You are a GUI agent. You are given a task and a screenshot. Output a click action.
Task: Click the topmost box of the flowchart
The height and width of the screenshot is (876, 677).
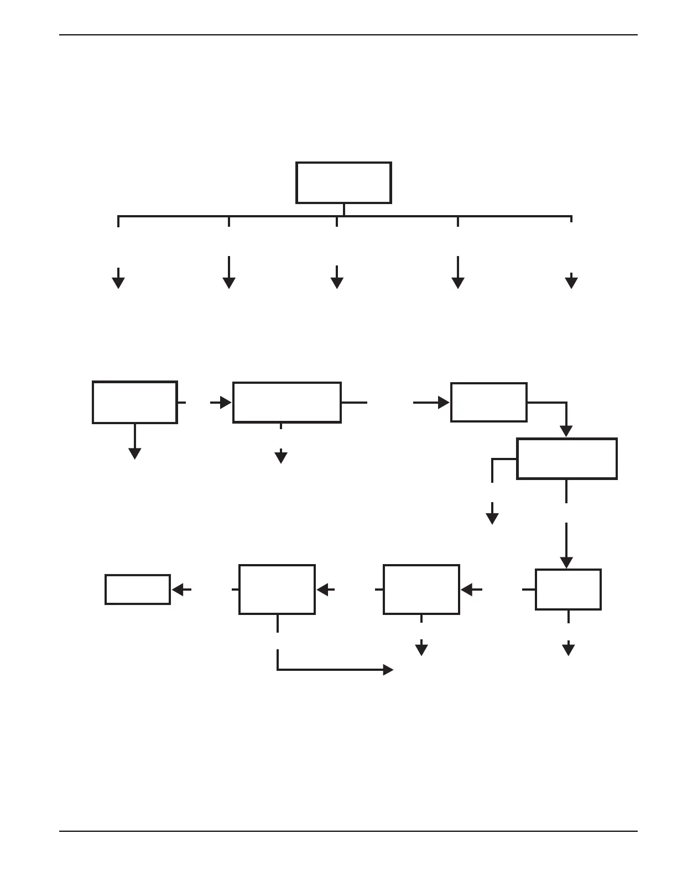pyautogui.click(x=343, y=182)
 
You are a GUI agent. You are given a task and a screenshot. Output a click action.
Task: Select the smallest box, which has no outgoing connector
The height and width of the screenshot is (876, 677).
pyautogui.click(x=138, y=590)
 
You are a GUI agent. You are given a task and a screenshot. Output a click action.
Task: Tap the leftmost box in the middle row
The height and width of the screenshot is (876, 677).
pyautogui.click(x=135, y=402)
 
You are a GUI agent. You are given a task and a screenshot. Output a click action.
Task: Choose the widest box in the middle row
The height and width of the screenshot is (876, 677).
pyautogui.click(x=287, y=402)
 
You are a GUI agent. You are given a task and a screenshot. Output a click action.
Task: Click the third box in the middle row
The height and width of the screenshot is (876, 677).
pyautogui.click(x=489, y=402)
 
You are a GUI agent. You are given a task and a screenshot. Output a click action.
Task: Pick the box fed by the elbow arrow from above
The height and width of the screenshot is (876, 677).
pyautogui.click(x=567, y=458)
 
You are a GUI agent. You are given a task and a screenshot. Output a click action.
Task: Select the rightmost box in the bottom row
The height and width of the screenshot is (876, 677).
pyautogui.click(x=568, y=590)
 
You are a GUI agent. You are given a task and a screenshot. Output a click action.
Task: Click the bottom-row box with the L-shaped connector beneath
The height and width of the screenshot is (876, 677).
pyautogui.click(x=277, y=590)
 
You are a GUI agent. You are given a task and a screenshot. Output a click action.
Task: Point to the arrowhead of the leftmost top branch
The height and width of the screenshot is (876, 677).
pyautogui.click(x=118, y=283)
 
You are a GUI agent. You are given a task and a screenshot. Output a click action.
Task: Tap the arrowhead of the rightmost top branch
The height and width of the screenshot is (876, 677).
pyautogui.click(x=571, y=283)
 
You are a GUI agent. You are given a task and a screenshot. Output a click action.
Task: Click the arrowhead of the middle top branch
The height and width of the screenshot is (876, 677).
pyautogui.click(x=337, y=283)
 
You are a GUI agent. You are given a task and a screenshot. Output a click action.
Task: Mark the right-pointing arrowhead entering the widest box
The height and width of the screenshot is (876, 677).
pyautogui.click(x=226, y=403)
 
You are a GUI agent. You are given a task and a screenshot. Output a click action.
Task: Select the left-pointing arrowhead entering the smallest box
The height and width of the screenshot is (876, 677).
pyautogui.click(x=178, y=590)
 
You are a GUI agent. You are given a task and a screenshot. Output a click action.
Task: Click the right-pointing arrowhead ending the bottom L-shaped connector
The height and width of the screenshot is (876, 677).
pyautogui.click(x=388, y=670)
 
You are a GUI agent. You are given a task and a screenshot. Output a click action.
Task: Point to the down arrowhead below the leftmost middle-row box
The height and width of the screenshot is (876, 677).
pyautogui.click(x=134, y=453)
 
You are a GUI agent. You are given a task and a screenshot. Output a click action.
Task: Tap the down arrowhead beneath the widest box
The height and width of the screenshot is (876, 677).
pyautogui.click(x=281, y=457)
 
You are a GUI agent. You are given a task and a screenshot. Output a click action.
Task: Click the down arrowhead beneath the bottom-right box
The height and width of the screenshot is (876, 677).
pyautogui.click(x=569, y=650)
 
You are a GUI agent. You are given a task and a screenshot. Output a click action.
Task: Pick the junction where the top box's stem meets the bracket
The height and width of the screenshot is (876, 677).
pyautogui.click(x=344, y=216)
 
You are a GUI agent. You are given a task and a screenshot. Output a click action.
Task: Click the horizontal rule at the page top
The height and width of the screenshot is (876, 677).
pyautogui.click(x=348, y=35)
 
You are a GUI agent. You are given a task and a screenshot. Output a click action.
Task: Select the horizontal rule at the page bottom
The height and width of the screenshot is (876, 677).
pyautogui.click(x=348, y=831)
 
